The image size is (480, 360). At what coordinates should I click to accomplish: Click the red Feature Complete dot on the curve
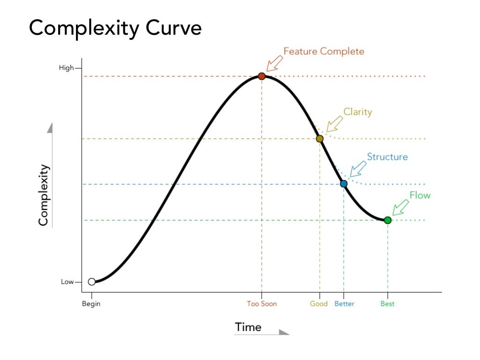[262, 76]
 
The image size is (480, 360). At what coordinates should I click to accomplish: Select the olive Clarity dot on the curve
[320, 139]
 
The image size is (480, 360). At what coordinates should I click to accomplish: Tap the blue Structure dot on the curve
[344, 184]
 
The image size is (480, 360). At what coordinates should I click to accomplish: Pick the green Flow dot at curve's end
[388, 220]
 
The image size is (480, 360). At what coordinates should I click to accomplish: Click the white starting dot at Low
[92, 282]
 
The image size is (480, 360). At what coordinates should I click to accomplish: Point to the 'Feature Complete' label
[324, 52]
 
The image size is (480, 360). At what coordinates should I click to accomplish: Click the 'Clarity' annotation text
[358, 112]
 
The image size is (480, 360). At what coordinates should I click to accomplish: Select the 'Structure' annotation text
[387, 157]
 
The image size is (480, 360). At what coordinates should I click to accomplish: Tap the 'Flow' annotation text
[420, 195]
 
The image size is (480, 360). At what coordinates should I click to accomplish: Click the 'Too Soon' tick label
[262, 304]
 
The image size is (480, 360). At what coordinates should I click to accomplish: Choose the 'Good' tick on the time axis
[319, 304]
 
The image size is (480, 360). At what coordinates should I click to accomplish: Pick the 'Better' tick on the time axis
[344, 304]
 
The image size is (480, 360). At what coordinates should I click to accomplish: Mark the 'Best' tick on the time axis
[388, 304]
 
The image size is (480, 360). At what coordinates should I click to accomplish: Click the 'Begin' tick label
[92, 304]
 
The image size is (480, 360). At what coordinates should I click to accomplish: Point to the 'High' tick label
[66, 68]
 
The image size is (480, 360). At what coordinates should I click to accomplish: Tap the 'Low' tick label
[67, 282]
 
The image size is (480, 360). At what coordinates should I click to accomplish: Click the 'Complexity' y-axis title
[44, 195]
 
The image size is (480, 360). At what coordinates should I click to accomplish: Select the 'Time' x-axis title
[248, 327]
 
